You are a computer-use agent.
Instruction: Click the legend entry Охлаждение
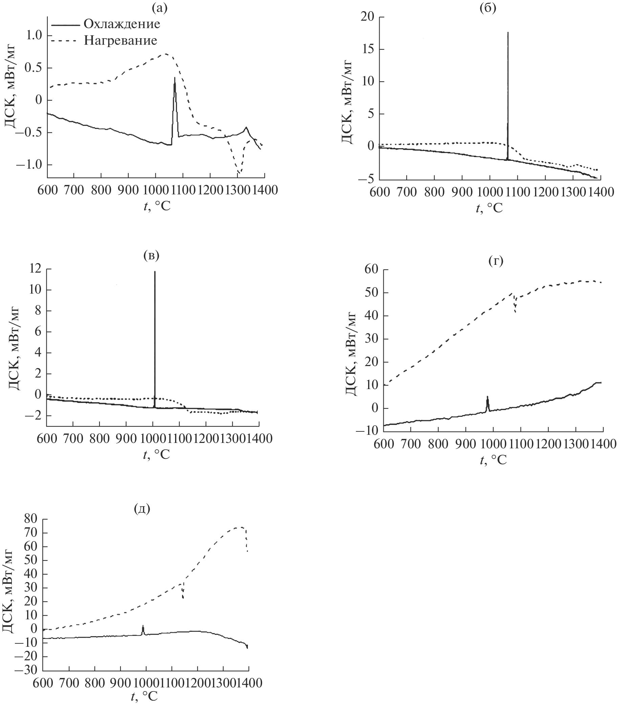pos(122,24)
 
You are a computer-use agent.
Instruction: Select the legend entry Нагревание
pos(120,41)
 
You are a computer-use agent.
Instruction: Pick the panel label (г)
pos(496,261)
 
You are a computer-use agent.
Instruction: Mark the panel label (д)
pos(142,509)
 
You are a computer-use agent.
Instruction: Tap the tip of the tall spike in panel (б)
pos(508,33)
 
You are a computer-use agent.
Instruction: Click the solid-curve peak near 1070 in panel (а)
pos(174,78)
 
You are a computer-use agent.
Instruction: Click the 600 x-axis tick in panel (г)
pos(384,444)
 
